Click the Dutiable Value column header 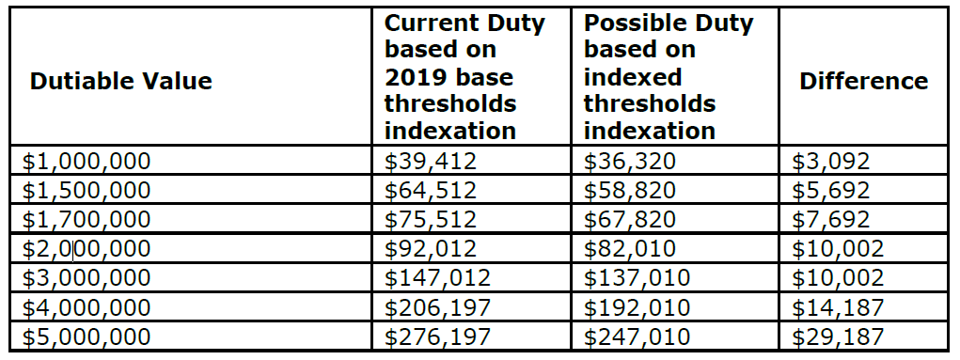tap(120, 81)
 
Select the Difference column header tap(863, 81)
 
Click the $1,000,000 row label tap(87, 161)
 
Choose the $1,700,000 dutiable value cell tap(87, 219)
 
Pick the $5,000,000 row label tap(87, 337)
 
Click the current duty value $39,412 tap(431, 161)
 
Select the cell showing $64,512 tap(431, 190)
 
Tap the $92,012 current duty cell tap(431, 248)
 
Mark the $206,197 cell tap(438, 307)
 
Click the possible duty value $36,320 tap(629, 161)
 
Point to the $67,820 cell tap(629, 219)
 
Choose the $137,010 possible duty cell tap(637, 278)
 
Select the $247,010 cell tap(637, 337)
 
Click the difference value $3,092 tap(831, 161)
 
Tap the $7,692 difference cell tap(831, 219)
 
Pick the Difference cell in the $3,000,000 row tap(838, 278)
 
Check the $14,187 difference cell tap(838, 307)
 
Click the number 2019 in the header tap(414, 77)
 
